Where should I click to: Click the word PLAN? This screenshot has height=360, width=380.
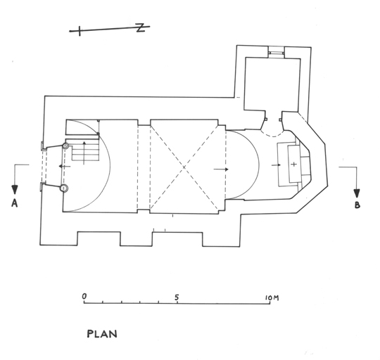[102, 334]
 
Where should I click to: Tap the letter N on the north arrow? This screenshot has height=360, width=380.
[140, 27]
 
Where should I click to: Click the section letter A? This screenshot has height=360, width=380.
[15, 203]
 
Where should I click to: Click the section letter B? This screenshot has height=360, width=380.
[357, 205]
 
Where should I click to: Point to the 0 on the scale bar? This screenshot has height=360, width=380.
[84, 296]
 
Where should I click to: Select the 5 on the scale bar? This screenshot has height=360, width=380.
[177, 297]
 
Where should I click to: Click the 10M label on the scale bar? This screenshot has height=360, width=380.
[272, 297]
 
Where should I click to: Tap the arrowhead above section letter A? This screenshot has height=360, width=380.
[15, 189]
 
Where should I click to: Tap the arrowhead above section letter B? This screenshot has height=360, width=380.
[357, 193]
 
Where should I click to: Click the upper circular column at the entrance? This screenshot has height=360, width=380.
[65, 146]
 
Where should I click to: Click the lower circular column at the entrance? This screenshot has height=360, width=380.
[64, 188]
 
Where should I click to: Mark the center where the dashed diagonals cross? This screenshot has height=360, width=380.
[184, 167]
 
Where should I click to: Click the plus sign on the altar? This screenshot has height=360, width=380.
[293, 165]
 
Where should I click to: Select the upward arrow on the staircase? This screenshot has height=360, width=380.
[84, 153]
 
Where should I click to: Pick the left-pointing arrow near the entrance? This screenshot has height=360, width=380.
[65, 167]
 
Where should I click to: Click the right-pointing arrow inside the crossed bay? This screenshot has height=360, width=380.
[221, 169]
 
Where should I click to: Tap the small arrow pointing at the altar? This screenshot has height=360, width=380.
[277, 165]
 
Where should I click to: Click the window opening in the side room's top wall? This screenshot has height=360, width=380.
[277, 52]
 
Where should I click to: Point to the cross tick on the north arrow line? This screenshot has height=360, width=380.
[80, 31]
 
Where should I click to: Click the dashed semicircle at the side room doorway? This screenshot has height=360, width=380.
[273, 134]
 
